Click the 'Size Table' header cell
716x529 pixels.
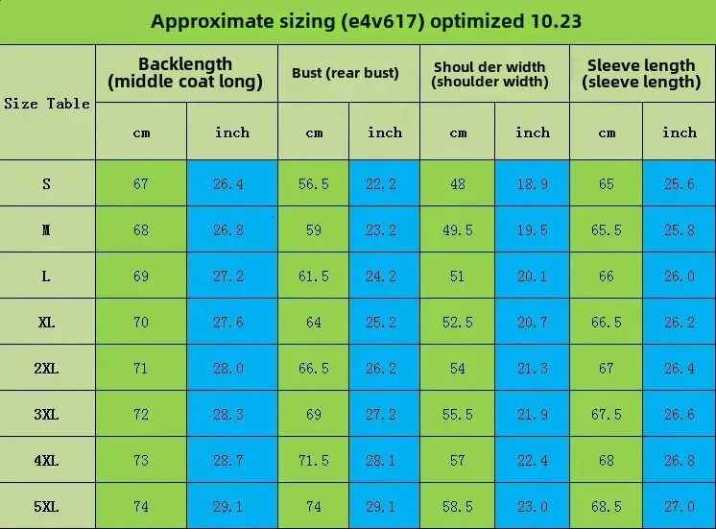click(x=47, y=104)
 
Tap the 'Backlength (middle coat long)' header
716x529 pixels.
click(x=185, y=73)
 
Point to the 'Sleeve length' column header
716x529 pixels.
click(x=641, y=73)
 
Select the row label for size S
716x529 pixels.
click(x=46, y=183)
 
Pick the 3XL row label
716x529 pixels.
click(x=46, y=414)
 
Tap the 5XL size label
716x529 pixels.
click(x=46, y=506)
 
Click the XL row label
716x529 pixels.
click(x=46, y=322)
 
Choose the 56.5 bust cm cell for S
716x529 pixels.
click(x=314, y=183)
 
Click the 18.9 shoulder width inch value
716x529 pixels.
click(x=532, y=183)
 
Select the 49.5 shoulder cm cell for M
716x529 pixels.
click(x=457, y=229)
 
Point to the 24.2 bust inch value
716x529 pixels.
click(x=385, y=276)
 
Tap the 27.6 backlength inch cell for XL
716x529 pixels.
click(x=228, y=322)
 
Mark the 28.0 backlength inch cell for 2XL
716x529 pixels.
click(x=228, y=368)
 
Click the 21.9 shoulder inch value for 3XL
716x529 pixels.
click(x=532, y=414)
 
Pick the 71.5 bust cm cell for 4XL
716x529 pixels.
click(x=314, y=460)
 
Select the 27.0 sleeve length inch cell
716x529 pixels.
click(x=679, y=506)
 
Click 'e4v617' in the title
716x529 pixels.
click(x=382, y=21)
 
